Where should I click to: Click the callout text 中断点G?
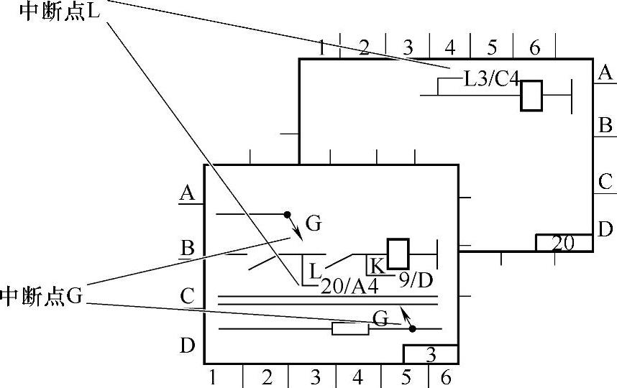coord(42,295)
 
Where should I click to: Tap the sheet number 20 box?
coord(563,244)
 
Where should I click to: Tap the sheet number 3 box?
coord(430,355)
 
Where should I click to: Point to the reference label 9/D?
coord(416,279)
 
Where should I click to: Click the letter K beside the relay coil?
coord(377,265)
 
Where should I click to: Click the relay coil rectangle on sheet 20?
coord(531,96)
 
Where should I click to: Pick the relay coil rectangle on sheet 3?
coord(398,253)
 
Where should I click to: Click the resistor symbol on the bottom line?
coord(350,329)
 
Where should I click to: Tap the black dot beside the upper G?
coord(287,214)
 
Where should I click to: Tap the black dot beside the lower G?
coord(412,329)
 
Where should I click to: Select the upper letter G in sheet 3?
coord(313,223)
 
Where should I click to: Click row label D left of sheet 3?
coord(187,346)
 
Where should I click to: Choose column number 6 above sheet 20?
coord(534,48)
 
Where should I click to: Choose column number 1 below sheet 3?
coord(213,377)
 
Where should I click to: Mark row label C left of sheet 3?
coord(188,295)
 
